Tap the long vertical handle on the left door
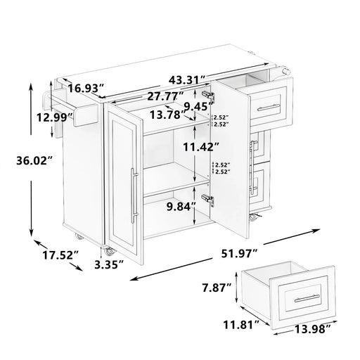(133, 195)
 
